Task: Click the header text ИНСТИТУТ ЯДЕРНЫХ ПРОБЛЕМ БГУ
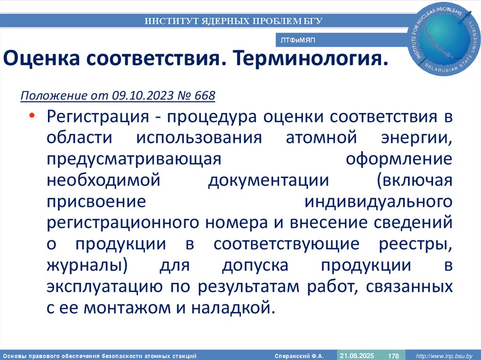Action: [233, 21]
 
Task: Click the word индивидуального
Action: [379, 201]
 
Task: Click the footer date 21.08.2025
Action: [357, 355]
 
